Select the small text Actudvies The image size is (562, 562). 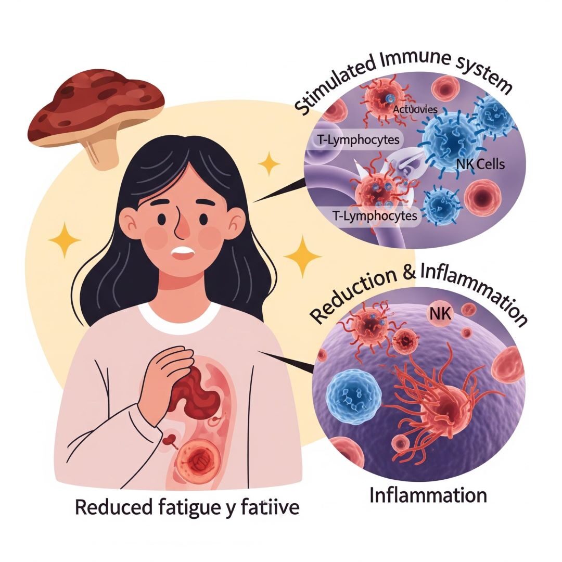[x=415, y=109]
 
